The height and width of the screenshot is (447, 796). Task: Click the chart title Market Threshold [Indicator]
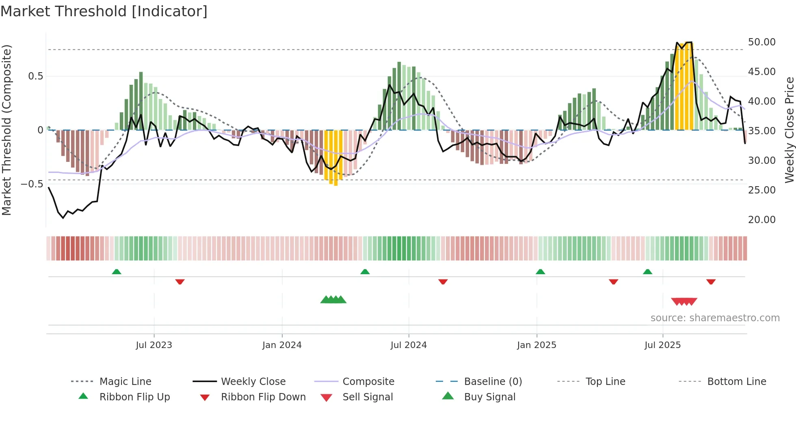coord(104,11)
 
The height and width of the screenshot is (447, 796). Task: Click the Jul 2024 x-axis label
coord(409,345)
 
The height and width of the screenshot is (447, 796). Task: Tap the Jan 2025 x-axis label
coord(536,345)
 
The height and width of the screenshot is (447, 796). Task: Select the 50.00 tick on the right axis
coord(761,42)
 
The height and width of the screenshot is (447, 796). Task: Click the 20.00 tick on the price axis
coord(761,220)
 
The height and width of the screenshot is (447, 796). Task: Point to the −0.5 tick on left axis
coord(32,184)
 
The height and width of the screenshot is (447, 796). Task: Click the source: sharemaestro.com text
coord(715,318)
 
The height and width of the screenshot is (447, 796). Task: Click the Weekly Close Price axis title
coord(789,130)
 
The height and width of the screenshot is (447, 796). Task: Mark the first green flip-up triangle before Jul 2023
coord(117,272)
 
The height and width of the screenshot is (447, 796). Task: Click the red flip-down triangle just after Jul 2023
coord(180,282)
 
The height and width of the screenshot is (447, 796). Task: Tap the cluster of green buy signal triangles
coord(333,300)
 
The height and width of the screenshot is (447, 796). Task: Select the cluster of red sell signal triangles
coord(684,301)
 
